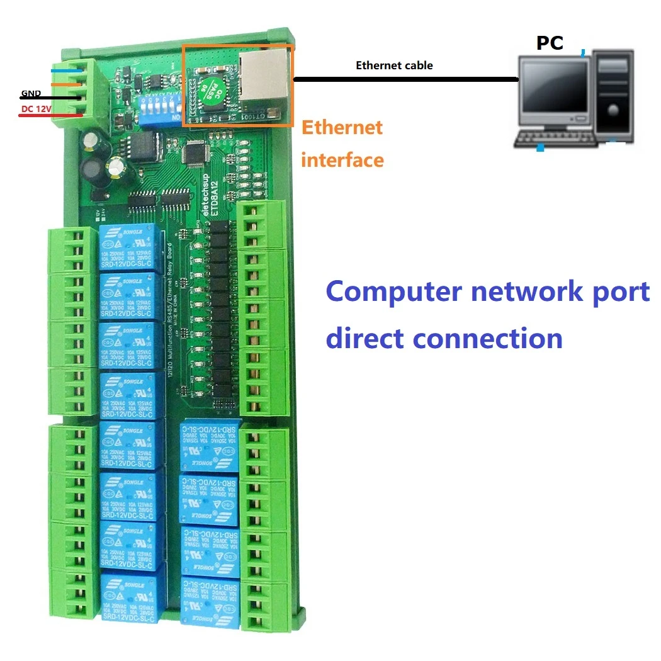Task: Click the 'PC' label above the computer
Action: [549, 43]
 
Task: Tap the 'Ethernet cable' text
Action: [394, 65]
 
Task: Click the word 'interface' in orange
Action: [342, 160]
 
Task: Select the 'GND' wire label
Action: [31, 94]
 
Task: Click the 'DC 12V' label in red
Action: [36, 108]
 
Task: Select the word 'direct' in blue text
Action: [364, 338]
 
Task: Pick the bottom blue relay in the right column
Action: [210, 600]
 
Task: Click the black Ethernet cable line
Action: [403, 79]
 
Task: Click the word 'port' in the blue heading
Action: [615, 293]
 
